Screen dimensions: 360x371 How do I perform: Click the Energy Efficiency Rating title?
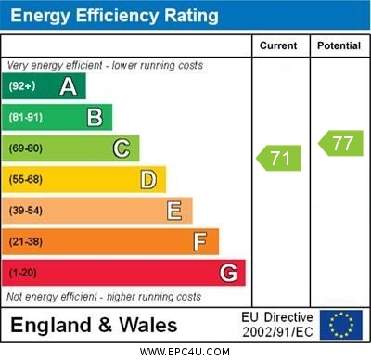point(114,16)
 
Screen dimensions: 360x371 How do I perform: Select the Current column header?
point(278,45)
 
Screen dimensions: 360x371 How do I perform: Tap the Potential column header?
point(339,45)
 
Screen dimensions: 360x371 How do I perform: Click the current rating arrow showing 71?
point(279,158)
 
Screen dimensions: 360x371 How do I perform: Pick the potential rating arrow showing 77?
point(341,143)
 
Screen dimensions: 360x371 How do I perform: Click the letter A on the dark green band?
point(68,86)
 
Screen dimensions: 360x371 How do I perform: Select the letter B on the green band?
point(95,117)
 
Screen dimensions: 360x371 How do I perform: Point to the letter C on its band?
point(122,148)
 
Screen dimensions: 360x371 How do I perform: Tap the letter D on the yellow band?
point(148,179)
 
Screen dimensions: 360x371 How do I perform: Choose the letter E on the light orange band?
point(174,211)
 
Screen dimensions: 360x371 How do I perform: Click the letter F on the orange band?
point(200,242)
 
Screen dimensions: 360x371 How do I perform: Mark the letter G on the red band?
point(228,273)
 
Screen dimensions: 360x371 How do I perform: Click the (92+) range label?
point(21,86)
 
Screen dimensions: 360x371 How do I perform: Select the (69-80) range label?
point(25,148)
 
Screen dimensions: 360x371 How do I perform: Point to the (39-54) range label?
point(25,211)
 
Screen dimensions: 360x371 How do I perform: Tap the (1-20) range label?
point(22,273)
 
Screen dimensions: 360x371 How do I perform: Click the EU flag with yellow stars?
point(341,325)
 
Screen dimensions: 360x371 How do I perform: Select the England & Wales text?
point(94,325)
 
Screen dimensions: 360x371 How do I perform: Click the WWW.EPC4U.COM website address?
point(185,352)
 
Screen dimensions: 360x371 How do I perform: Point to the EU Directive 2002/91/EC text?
point(277,325)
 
